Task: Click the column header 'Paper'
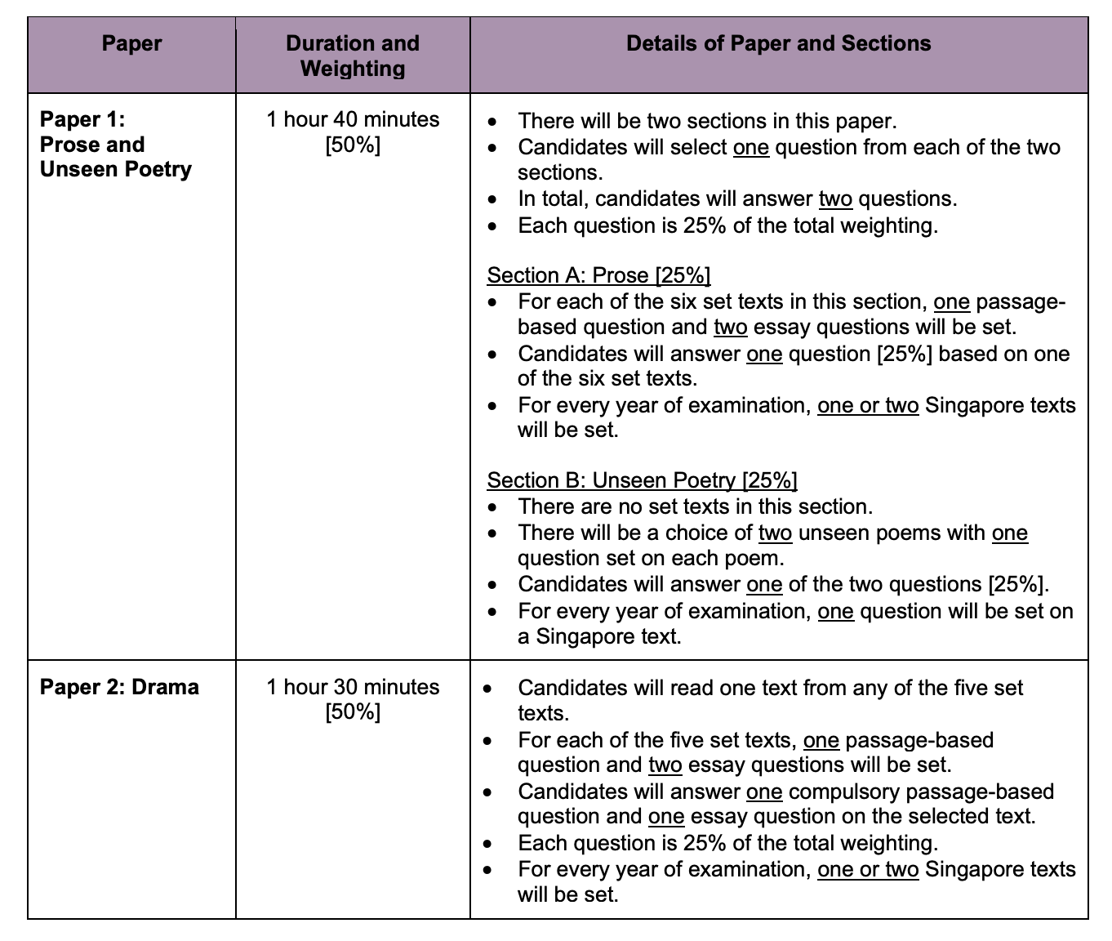[x=131, y=43]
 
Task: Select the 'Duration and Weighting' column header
[x=353, y=56]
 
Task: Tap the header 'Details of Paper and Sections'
[x=778, y=43]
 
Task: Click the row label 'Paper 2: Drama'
[x=119, y=687]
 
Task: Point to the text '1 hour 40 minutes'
[x=353, y=119]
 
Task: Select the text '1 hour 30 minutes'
[x=353, y=687]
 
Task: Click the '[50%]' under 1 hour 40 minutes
[x=353, y=145]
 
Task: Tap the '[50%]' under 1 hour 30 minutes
[x=353, y=712]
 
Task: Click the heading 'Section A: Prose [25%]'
[x=598, y=275]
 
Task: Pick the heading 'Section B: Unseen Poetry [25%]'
[x=642, y=480]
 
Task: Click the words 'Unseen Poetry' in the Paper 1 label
[x=116, y=169]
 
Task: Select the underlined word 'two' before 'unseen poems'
[x=775, y=533]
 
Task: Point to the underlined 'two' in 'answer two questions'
[x=835, y=198]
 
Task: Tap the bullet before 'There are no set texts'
[x=492, y=507]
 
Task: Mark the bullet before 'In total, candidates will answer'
[x=492, y=199]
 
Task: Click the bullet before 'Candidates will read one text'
[x=487, y=688]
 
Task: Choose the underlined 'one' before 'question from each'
[x=751, y=147]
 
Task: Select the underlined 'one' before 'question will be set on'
[x=835, y=611]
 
